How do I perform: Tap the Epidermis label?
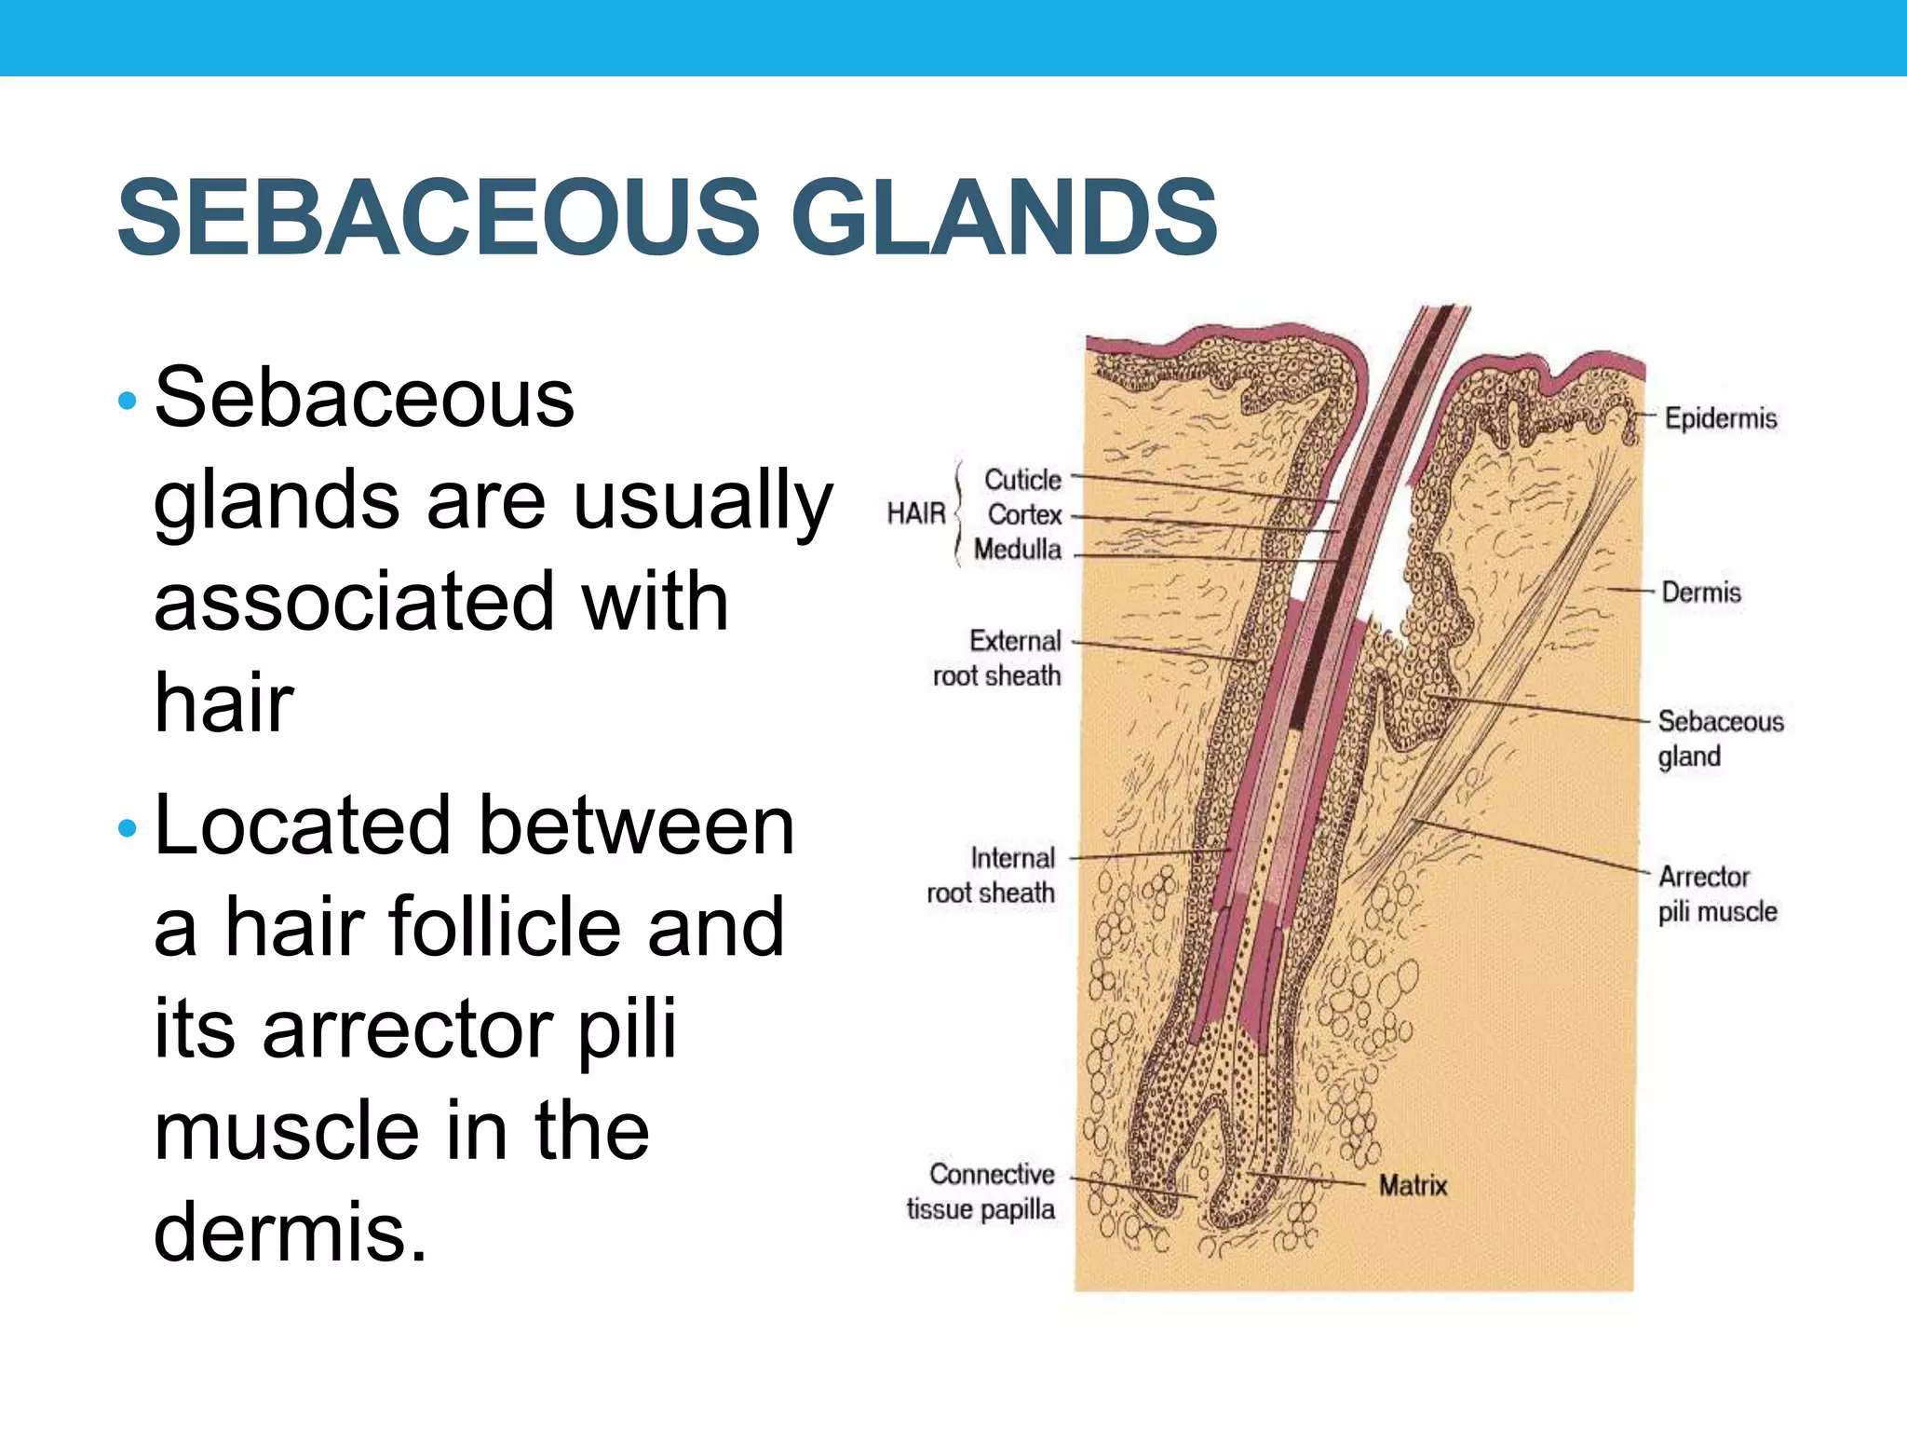pyautogui.click(x=1720, y=418)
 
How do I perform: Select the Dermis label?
pyautogui.click(x=1700, y=592)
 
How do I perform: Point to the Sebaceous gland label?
pyautogui.click(x=1719, y=738)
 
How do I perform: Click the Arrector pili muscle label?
pyautogui.click(x=1716, y=893)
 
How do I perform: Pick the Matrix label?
pyautogui.click(x=1413, y=1185)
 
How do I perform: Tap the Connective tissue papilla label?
pyautogui.click(x=981, y=1192)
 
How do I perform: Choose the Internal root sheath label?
pyautogui.click(x=991, y=875)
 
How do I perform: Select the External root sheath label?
pyautogui.click(x=996, y=658)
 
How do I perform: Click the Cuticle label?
pyautogui.click(x=1022, y=480)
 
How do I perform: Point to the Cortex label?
pyautogui.click(x=1024, y=514)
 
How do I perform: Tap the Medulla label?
pyautogui.click(x=1017, y=549)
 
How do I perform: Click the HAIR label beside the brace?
pyautogui.click(x=915, y=513)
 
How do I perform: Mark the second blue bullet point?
pyautogui.click(x=128, y=827)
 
